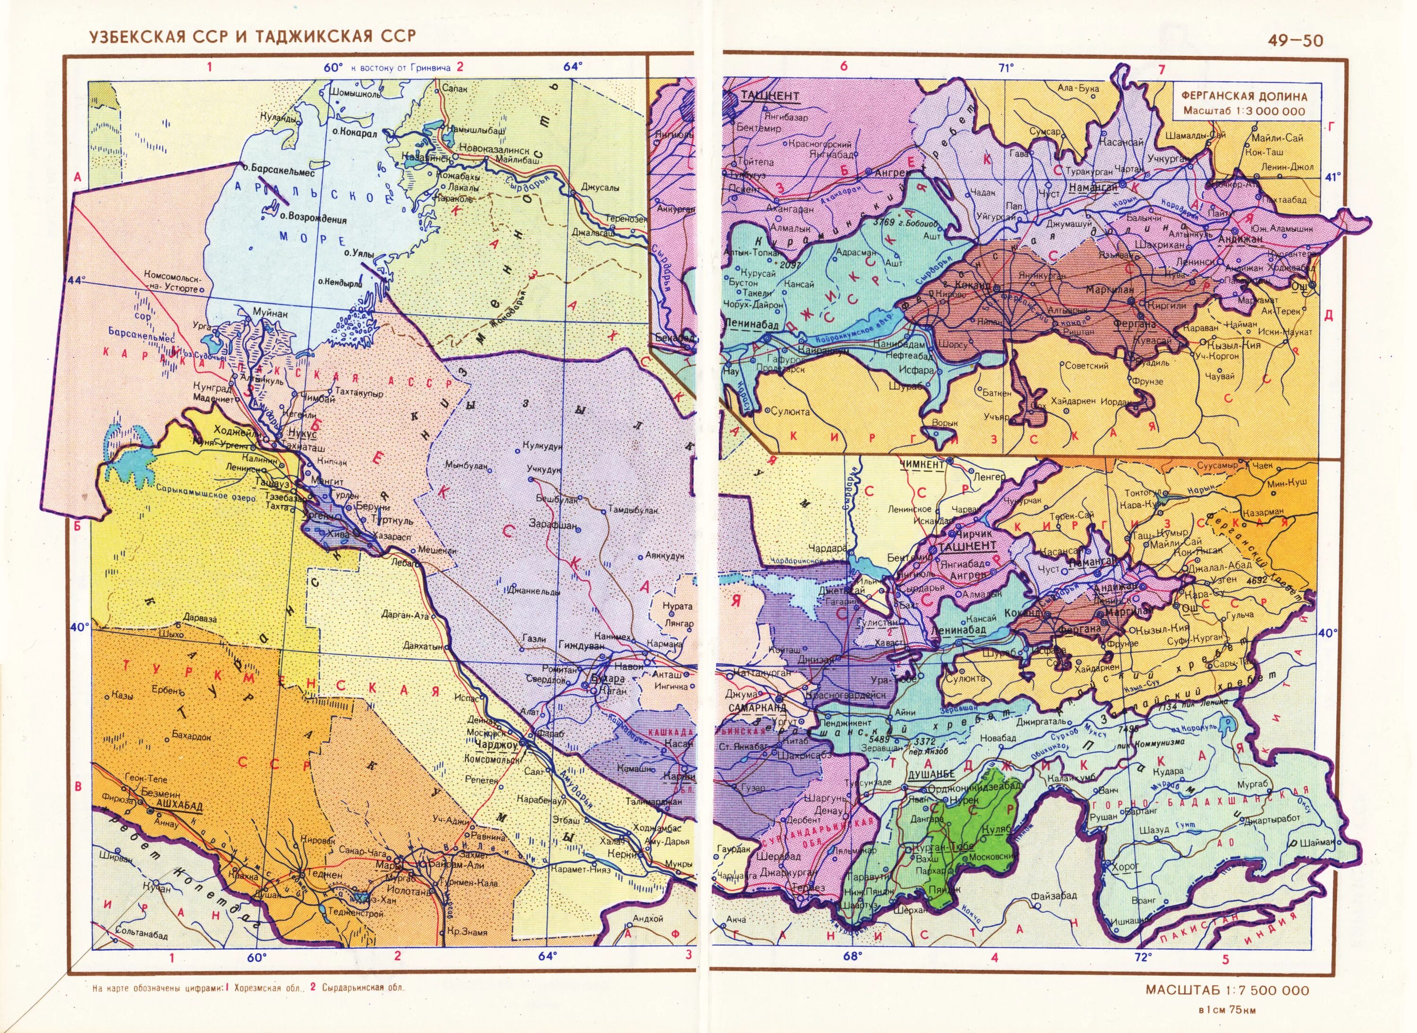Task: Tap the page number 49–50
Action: tap(1295, 41)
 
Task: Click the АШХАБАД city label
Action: tap(179, 806)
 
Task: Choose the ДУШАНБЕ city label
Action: tap(931, 774)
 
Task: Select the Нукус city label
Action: tap(303, 433)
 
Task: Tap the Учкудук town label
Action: tap(544, 469)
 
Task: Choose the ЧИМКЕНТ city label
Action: tap(922, 464)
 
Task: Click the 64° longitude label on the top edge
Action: tap(572, 66)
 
